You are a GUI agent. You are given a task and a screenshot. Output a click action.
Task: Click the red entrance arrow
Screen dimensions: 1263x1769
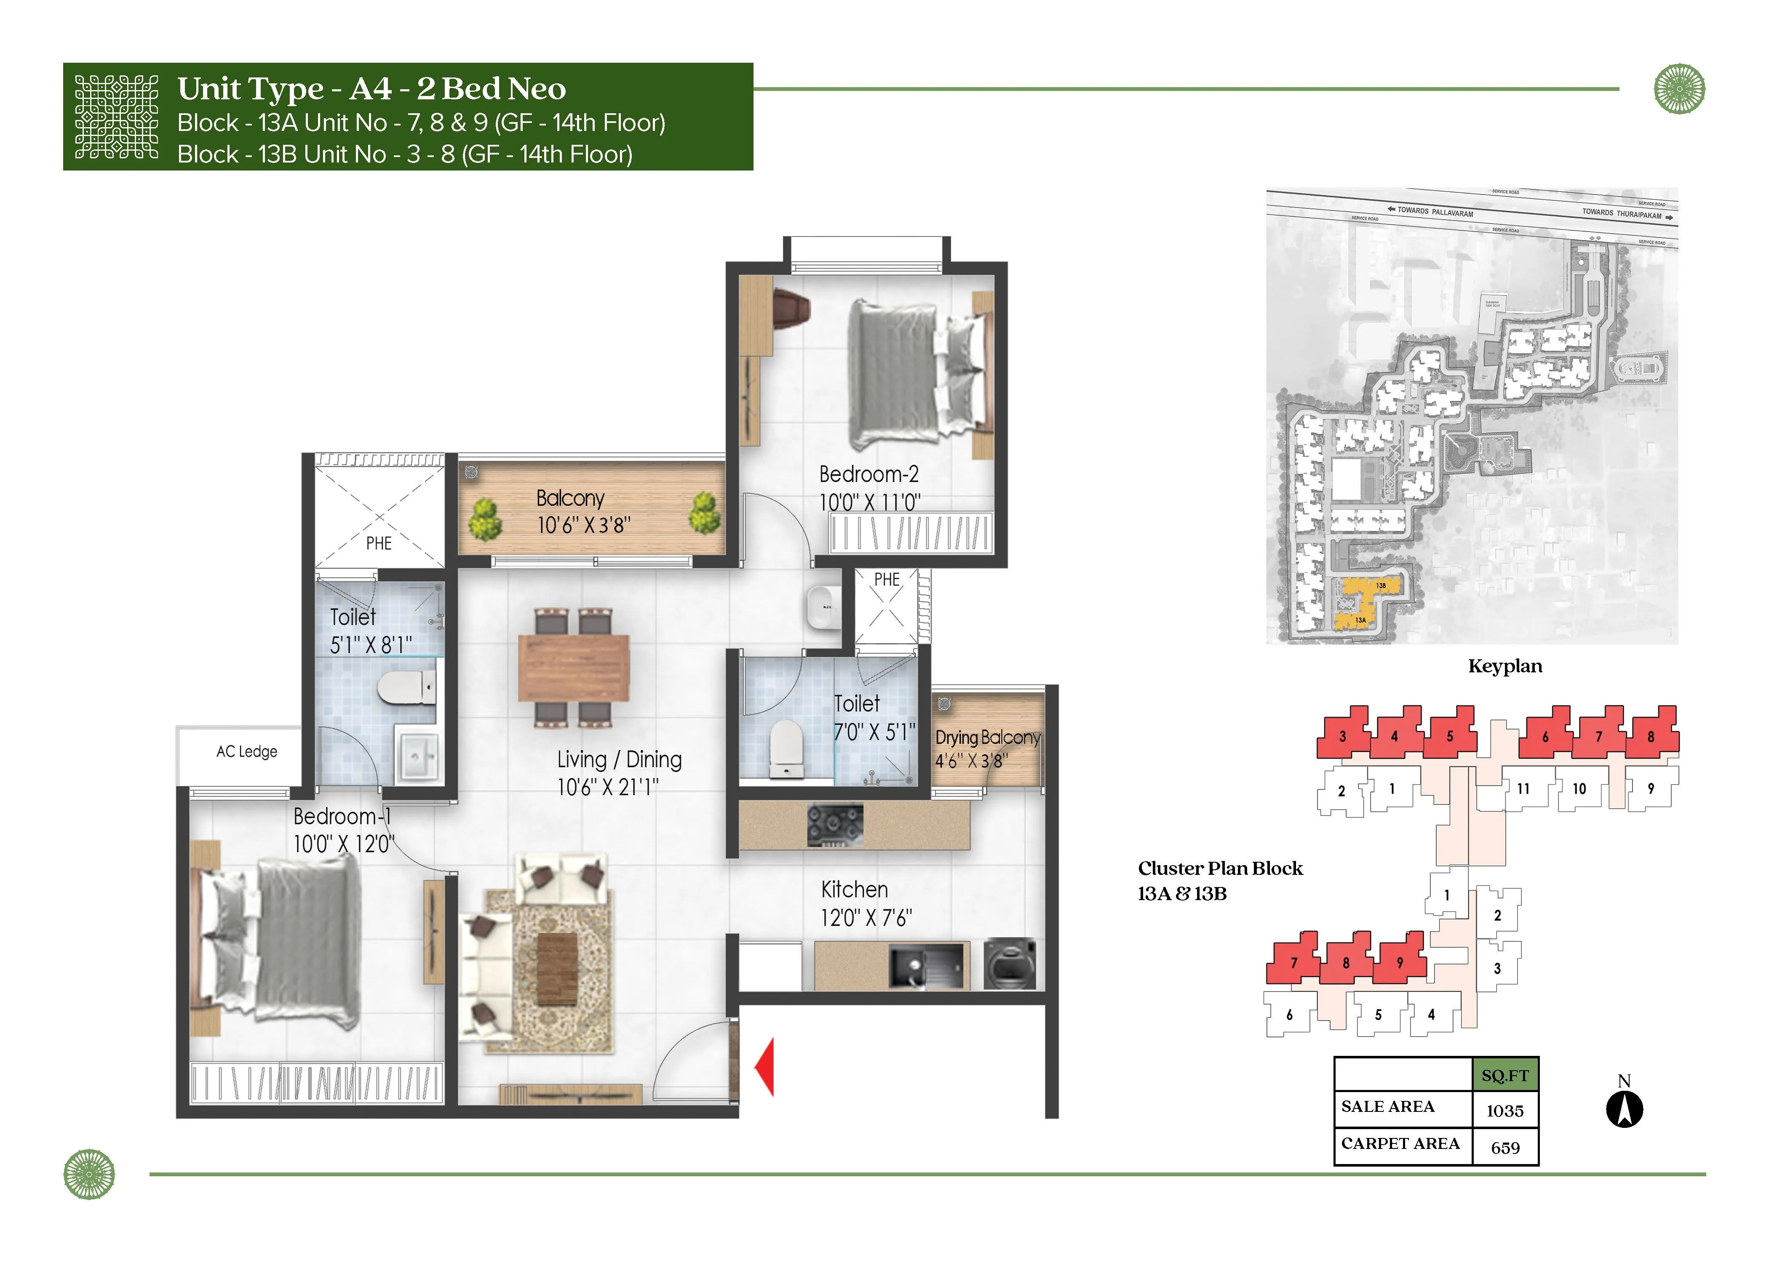click(x=765, y=1067)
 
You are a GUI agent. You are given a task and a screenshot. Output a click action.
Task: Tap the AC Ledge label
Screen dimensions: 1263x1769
click(x=246, y=751)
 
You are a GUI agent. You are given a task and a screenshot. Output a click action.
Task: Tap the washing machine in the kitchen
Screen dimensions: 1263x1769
click(x=1009, y=965)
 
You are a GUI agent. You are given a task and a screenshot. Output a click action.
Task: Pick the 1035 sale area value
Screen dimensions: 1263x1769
click(x=1504, y=1111)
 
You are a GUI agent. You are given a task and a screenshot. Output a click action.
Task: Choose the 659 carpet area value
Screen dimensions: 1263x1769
click(x=1504, y=1148)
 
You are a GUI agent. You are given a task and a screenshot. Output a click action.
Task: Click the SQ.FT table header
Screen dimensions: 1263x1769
click(x=1504, y=1076)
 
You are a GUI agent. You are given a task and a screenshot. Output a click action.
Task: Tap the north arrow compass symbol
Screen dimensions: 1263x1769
click(x=1624, y=1108)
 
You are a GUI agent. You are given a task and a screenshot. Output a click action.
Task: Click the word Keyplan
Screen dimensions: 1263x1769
click(x=1504, y=666)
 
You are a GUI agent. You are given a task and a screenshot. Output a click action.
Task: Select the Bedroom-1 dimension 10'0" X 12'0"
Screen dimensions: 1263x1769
click(x=344, y=845)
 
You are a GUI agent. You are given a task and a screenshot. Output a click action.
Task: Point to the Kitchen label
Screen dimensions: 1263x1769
click(x=854, y=889)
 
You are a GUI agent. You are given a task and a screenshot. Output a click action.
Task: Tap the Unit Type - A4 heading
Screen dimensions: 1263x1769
click(x=371, y=89)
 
